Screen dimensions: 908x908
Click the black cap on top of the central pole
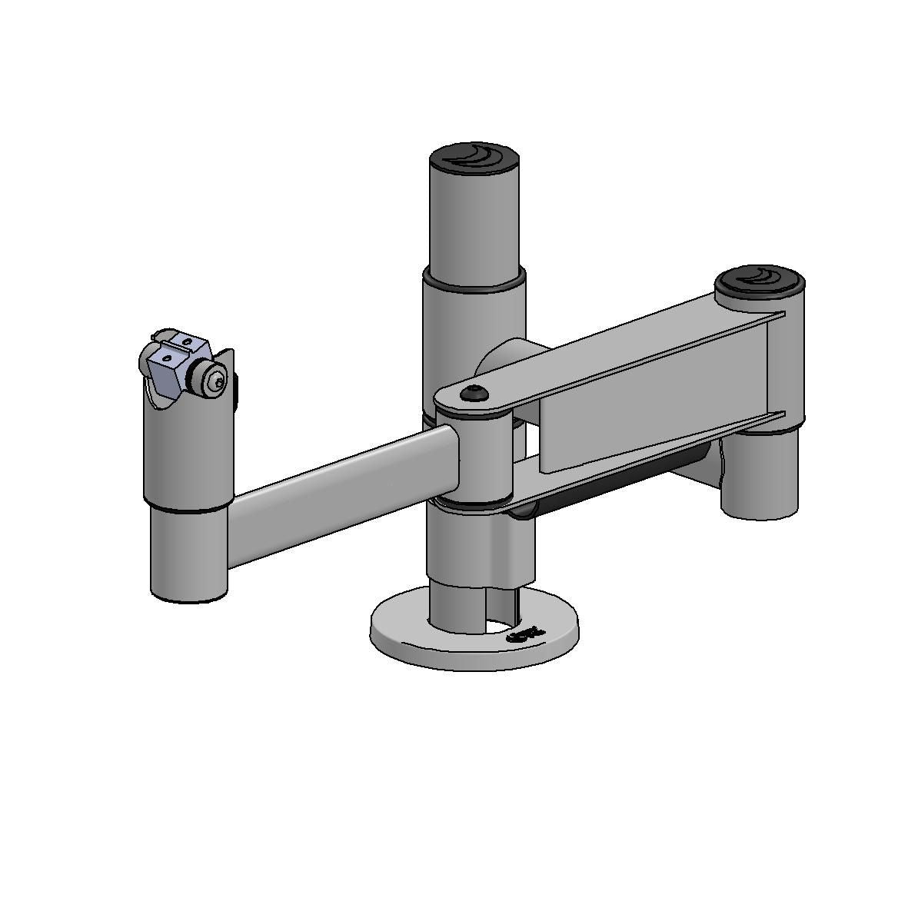click(474, 158)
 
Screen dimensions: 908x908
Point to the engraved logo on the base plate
click(526, 634)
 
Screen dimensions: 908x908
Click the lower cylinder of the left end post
click(188, 554)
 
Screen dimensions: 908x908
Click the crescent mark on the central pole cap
click(475, 155)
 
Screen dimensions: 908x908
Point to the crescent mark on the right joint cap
click(763, 275)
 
